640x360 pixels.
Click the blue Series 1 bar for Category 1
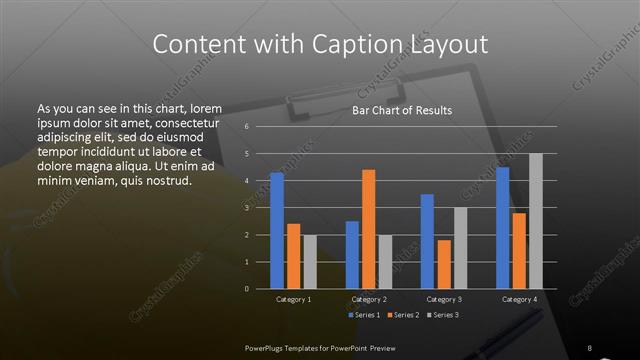(277, 230)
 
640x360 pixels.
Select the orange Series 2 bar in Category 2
(368, 229)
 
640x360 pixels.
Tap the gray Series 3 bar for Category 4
(535, 221)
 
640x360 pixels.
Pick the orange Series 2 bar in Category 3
(443, 264)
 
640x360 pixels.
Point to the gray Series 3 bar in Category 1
(310, 261)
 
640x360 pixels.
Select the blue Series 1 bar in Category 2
(352, 254)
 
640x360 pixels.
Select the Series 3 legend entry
(441, 315)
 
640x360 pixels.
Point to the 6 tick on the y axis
(246, 127)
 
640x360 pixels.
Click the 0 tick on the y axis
(246, 289)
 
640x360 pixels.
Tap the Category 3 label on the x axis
(443, 299)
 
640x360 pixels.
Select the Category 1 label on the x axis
(293, 299)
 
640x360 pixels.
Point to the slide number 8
(590, 347)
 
